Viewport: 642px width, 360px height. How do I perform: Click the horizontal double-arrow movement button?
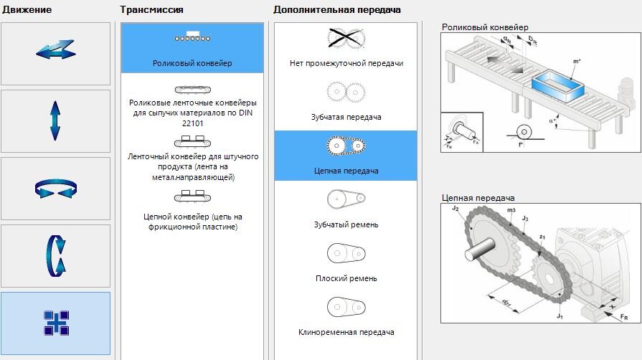click(x=55, y=53)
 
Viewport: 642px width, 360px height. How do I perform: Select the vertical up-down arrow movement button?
click(x=55, y=120)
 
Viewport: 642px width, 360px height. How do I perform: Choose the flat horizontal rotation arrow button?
click(x=55, y=188)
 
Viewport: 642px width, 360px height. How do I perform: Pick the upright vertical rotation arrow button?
click(x=55, y=255)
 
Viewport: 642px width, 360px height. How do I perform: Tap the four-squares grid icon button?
click(x=55, y=323)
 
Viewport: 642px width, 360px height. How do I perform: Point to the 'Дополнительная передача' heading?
click(x=337, y=10)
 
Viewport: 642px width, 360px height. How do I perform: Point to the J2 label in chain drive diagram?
click(x=455, y=209)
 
